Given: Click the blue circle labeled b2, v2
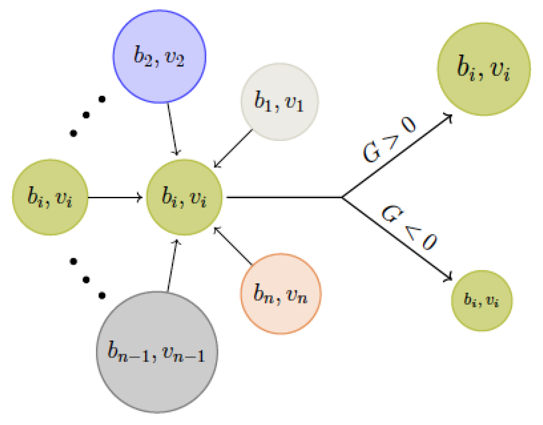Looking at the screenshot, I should (159, 56).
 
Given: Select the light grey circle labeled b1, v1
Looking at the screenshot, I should (279, 102).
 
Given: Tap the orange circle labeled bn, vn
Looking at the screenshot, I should (280, 294).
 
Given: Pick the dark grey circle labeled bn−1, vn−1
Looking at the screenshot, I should (157, 352).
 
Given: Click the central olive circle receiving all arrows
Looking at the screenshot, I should (184, 197).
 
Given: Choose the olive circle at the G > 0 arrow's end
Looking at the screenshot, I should (484, 69).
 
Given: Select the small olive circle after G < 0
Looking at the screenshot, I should (481, 301).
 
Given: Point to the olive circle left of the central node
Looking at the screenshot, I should (50, 197).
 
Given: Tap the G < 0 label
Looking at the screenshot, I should (409, 227).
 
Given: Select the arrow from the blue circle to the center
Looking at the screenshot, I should (173, 129).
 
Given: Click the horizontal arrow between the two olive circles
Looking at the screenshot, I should (115, 197).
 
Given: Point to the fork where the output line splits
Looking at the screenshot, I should (342, 197).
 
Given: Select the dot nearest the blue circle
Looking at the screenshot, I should (102, 99).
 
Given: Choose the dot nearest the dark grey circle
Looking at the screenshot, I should (102, 295).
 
